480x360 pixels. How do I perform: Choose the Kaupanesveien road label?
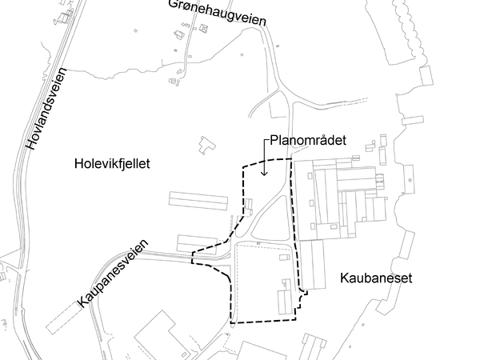pos(114,272)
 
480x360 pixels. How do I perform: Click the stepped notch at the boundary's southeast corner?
pos(302,298)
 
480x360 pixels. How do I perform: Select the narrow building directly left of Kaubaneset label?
pos(311,264)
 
